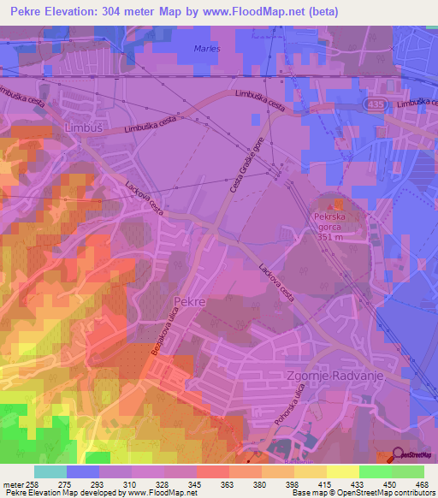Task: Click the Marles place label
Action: point(207,49)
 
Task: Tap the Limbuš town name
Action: point(82,127)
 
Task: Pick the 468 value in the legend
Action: point(422,484)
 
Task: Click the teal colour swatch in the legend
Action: point(50,471)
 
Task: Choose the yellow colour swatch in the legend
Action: point(342,471)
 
